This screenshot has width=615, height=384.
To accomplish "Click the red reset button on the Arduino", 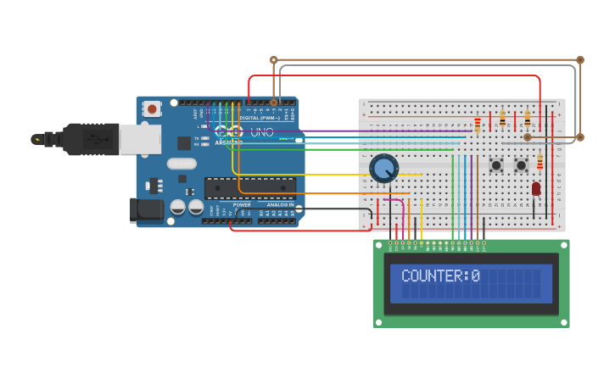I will [152, 109].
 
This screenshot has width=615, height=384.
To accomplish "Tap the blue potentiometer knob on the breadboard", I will [383, 168].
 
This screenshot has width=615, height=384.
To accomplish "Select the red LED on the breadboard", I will [536, 188].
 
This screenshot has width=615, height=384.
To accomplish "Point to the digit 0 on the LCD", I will [475, 275].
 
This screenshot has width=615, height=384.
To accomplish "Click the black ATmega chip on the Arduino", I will [250, 187].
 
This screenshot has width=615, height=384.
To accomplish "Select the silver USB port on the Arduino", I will [139, 139].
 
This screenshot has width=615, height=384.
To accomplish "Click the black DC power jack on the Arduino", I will [145, 210].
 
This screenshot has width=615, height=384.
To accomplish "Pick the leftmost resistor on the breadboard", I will [477, 125].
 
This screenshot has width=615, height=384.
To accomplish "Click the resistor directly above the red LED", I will [540, 161].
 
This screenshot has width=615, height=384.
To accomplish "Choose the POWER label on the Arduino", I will [242, 204].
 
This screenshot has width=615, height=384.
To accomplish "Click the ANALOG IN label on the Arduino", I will [280, 204].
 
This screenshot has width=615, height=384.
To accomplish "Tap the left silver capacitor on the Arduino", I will [178, 207].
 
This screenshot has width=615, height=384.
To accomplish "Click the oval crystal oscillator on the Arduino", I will [182, 164].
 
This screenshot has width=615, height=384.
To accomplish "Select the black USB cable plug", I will [90, 139].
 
